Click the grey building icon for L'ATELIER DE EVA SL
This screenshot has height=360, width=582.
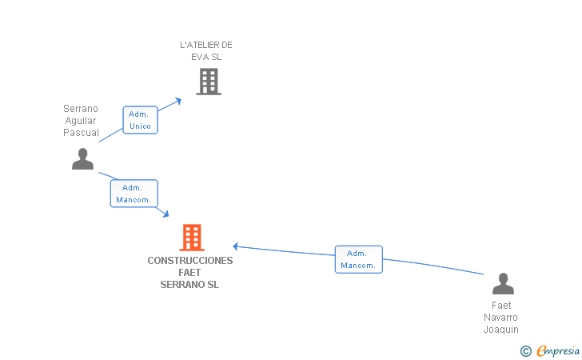(209, 82)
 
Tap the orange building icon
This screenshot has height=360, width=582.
(192, 238)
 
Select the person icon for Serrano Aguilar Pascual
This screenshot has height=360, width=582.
(83, 159)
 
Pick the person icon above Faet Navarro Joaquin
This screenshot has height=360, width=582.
(504, 284)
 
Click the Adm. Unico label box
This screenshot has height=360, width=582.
(141, 120)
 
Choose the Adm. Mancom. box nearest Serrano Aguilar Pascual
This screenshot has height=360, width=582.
(134, 194)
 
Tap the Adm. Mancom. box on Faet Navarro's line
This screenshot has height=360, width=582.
(358, 259)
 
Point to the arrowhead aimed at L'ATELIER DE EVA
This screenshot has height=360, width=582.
(178, 101)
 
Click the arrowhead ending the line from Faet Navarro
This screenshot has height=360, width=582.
(235, 246)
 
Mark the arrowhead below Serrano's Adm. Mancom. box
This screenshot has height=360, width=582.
(166, 214)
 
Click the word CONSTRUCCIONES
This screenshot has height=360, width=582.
(190, 261)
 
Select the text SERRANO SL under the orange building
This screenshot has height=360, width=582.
(189, 285)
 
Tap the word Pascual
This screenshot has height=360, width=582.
(81, 133)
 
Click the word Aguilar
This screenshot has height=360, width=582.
(81, 121)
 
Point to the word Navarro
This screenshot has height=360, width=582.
(500, 318)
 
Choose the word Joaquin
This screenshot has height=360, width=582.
(500, 330)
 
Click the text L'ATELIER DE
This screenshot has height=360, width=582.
(206, 45)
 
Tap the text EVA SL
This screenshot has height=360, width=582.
(206, 57)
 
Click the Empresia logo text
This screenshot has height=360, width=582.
(558, 350)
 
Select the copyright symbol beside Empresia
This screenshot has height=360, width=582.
(526, 351)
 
